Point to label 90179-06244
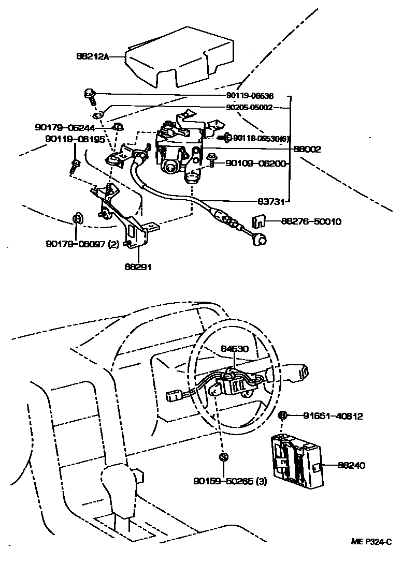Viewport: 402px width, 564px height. point(71,127)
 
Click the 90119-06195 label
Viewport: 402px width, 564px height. point(75,139)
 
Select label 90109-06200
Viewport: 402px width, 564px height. point(255,164)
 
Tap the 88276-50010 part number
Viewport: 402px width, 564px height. point(311,222)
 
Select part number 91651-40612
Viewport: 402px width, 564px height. point(333,415)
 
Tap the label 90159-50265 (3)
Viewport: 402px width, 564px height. point(230,482)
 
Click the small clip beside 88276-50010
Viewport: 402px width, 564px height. point(259,222)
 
